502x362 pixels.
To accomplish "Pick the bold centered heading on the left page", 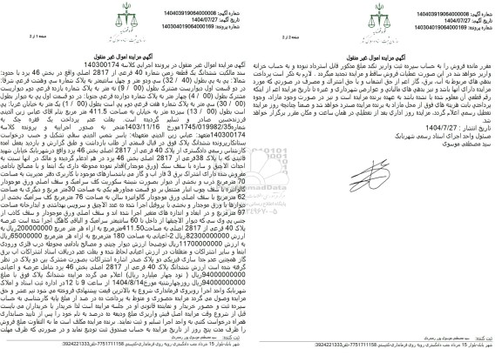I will (128, 41).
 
